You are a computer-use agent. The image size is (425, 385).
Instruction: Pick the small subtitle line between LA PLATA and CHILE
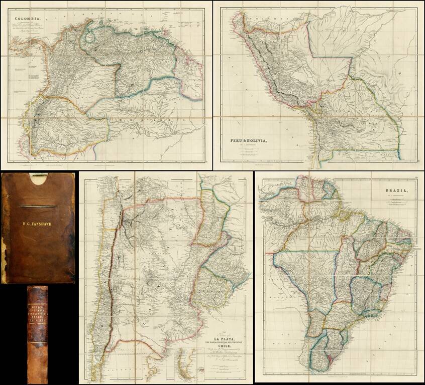point(223,346)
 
